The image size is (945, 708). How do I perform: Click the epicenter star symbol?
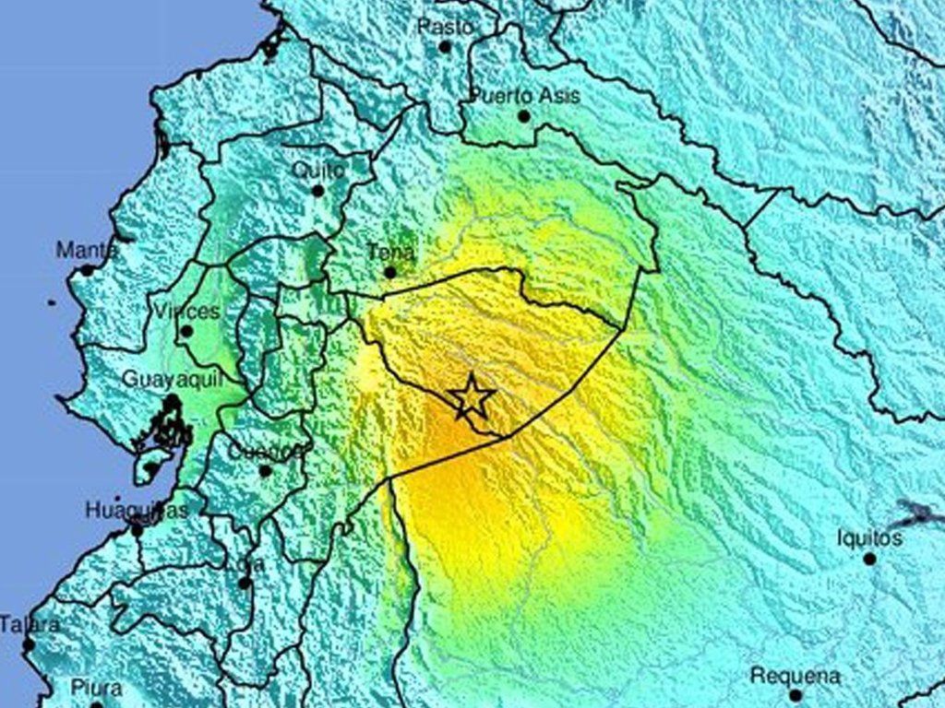(472, 397)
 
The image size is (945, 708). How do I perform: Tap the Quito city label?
(318, 171)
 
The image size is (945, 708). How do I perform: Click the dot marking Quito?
(317, 191)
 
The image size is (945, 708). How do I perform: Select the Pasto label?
(445, 27)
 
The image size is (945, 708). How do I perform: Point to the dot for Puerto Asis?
(523, 116)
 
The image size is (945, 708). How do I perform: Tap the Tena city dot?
(389, 272)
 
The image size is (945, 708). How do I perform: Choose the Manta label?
(87, 250)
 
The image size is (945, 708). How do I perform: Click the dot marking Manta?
(86, 270)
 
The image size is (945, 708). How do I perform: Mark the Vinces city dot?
(186, 331)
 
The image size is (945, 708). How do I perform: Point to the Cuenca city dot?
(265, 471)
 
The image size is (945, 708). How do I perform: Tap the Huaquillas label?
(137, 510)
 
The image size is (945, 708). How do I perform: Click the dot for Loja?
(244, 583)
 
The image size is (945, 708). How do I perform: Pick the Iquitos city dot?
(869, 559)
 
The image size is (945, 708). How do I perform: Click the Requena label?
(795, 675)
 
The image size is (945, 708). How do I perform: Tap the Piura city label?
(96, 688)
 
